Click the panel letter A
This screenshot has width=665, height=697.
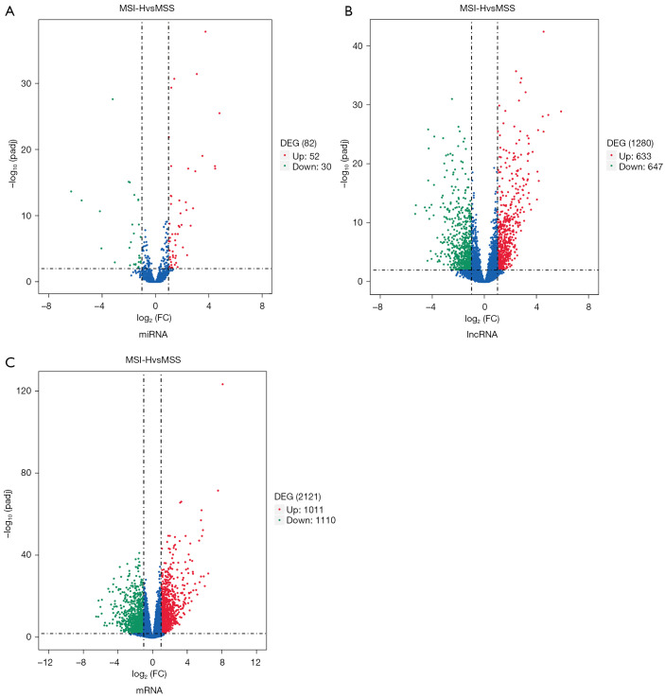tap(9, 10)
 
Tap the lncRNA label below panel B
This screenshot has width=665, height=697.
tap(483, 333)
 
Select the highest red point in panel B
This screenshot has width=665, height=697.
tap(543, 31)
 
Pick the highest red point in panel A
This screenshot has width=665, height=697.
tap(204, 31)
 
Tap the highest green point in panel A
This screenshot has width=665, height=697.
tap(113, 99)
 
